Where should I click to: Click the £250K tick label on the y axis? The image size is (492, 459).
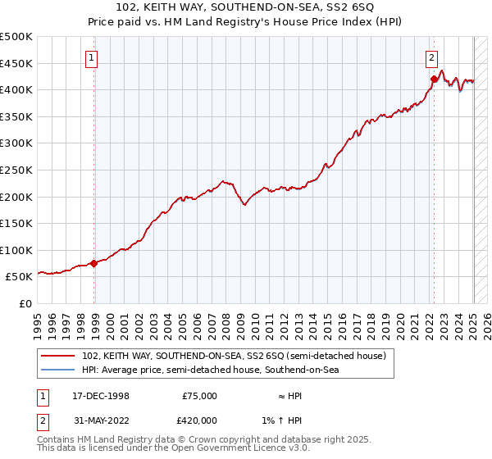click(x=16, y=170)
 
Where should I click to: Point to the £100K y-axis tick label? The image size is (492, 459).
click(x=16, y=250)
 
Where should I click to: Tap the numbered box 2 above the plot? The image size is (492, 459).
click(x=431, y=57)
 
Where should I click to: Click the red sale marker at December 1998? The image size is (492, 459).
click(x=94, y=263)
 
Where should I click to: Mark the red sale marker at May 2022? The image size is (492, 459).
click(x=434, y=79)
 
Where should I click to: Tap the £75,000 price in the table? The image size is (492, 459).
click(x=198, y=396)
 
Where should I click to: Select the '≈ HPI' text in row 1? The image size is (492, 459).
click(x=294, y=396)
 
